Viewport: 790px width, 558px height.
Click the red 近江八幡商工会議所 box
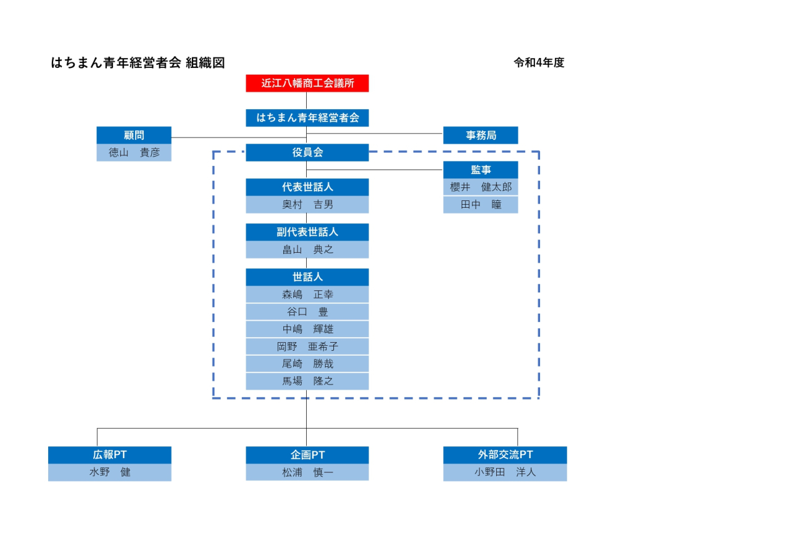tap(307, 83)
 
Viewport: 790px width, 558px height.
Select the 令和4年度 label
tap(539, 63)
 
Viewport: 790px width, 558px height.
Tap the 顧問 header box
tap(134, 135)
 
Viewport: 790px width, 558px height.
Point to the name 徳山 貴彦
tap(134, 152)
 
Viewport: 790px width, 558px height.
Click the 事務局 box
tap(481, 135)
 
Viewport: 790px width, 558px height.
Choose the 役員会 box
tap(307, 152)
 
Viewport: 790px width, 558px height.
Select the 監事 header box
tap(481, 170)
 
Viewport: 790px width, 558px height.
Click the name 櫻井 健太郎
tap(481, 187)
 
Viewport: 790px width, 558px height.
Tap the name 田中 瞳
tap(481, 204)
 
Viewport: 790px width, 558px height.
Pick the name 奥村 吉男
tap(307, 204)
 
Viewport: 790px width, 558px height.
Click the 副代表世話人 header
tap(307, 232)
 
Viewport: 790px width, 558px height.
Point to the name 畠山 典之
tap(307, 250)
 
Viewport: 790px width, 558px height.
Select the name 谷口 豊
tap(307, 312)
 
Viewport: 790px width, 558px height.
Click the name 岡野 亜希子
tap(307, 347)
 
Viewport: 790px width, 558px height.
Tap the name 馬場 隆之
tap(307, 381)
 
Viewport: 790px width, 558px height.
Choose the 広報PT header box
tap(110, 455)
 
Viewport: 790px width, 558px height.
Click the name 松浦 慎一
tap(307, 472)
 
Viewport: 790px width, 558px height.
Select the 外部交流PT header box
tap(505, 455)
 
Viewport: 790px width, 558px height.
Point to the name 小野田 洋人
tap(505, 472)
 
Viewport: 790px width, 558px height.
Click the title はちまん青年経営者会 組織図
tap(138, 63)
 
